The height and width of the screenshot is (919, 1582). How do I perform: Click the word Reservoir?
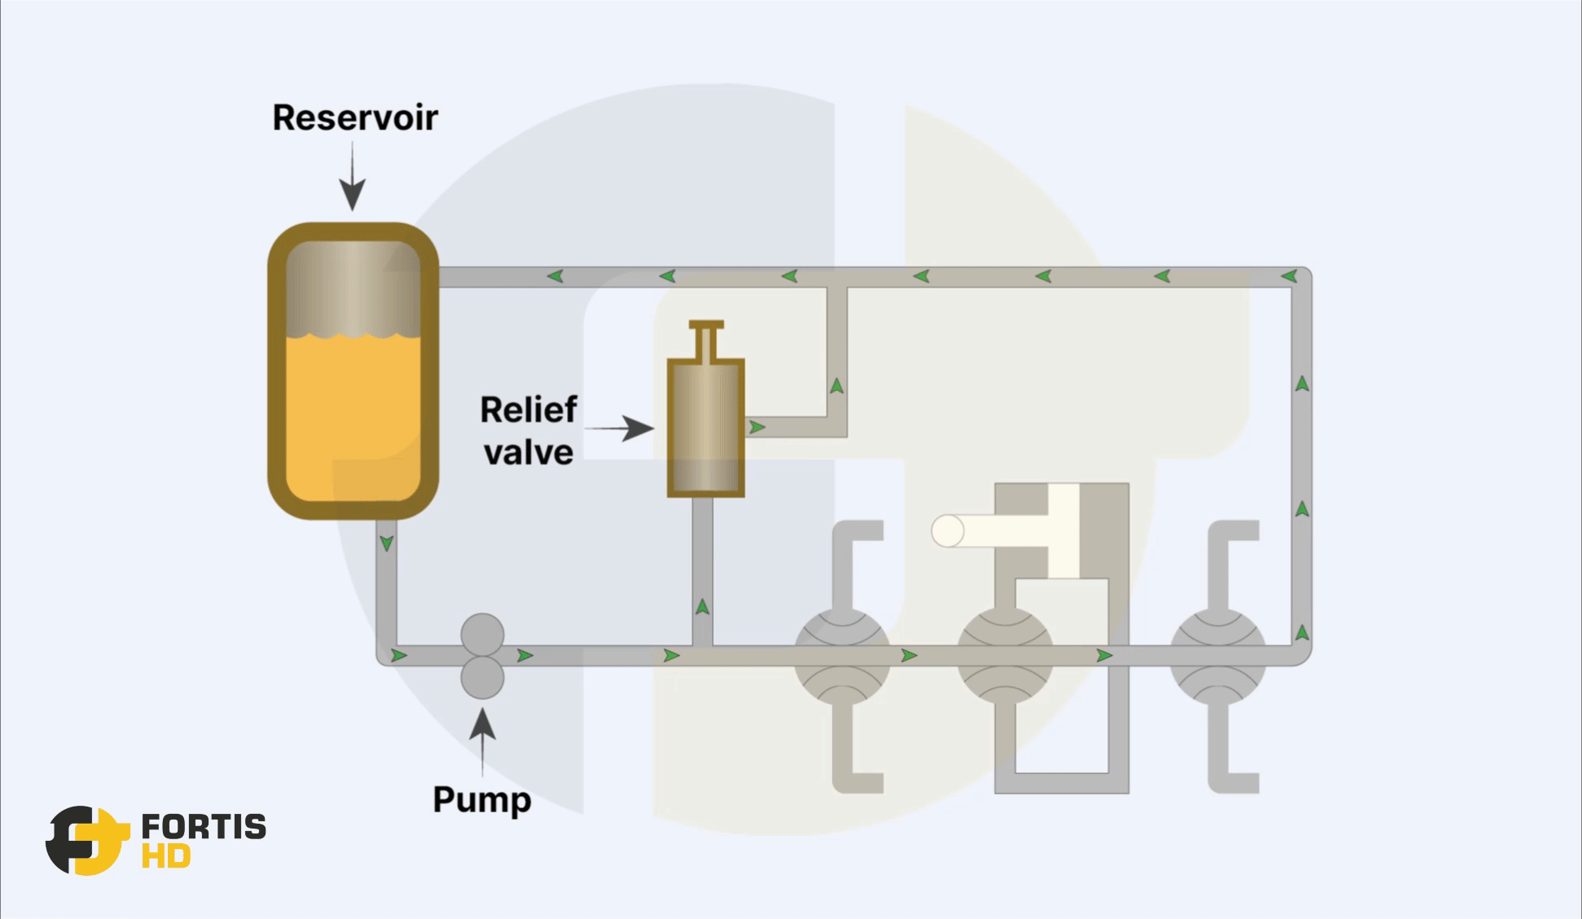[355, 118]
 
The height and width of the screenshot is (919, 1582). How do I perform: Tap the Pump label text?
[481, 799]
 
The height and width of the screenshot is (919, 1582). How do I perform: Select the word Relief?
[529, 410]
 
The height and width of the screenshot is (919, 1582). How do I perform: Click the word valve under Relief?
[529, 453]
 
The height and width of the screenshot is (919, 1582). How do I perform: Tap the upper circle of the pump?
[482, 634]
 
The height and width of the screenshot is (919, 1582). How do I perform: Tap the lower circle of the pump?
[482, 678]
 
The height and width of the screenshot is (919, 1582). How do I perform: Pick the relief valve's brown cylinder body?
[705, 428]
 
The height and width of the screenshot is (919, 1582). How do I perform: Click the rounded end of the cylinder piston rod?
[947, 531]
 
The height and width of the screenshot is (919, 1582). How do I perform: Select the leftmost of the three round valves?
[842, 656]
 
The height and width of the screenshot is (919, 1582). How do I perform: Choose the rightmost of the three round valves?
[1218, 656]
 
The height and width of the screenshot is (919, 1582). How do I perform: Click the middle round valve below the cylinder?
[1004, 656]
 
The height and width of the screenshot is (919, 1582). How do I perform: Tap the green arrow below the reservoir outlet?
[386, 543]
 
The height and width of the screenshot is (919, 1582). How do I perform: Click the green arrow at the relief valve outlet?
[757, 427]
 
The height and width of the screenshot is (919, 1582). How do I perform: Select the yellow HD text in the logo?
[166, 857]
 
